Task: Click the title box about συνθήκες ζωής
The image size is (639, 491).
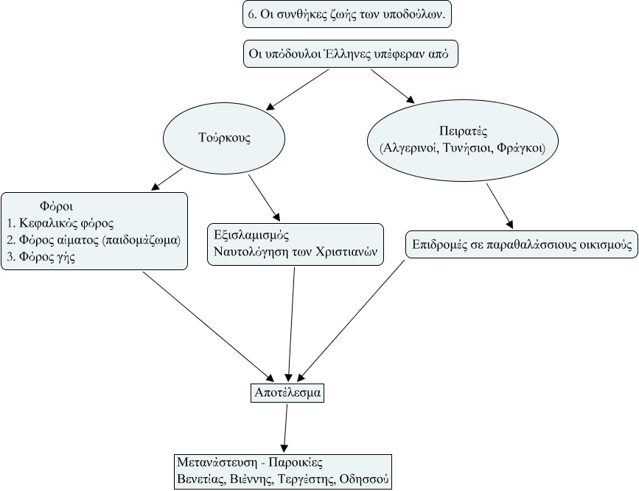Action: click(346, 13)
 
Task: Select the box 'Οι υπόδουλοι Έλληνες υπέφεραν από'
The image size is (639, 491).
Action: click(350, 53)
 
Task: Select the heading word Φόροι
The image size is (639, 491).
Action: click(55, 206)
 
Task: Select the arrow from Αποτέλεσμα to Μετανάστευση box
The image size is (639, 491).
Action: click(285, 427)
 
